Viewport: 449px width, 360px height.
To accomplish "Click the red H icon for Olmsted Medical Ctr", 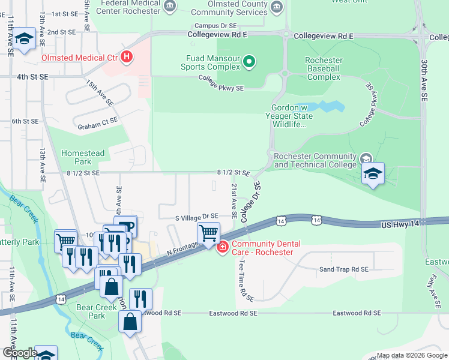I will tap(127, 58).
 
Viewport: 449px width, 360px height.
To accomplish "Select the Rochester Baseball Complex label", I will tap(324, 69).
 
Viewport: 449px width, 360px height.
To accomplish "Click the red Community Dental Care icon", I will tap(222, 247).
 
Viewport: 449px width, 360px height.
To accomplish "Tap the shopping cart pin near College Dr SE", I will tap(208, 233).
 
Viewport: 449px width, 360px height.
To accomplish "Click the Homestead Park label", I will tap(83, 157).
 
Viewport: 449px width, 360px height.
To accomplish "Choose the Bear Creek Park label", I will tap(91, 311).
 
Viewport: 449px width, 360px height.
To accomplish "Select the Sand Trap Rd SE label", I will tap(343, 270).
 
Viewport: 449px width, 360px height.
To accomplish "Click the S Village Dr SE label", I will tap(196, 216).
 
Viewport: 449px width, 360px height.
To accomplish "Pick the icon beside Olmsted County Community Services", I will tap(277, 7).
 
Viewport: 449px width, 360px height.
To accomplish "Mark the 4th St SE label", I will tap(32, 77).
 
